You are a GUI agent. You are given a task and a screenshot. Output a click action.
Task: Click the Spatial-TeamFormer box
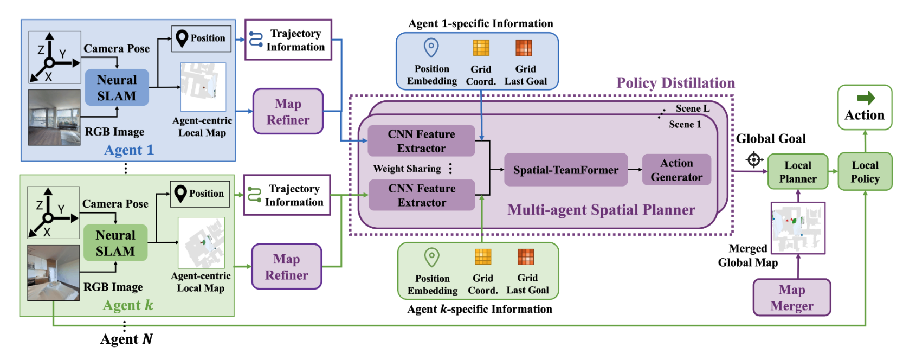tap(565, 170)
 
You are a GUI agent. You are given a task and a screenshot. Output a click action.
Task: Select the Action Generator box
tap(676, 170)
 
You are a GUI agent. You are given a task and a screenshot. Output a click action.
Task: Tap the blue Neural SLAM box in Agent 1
tap(117, 87)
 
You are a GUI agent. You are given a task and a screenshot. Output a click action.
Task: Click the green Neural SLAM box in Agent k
tap(115, 243)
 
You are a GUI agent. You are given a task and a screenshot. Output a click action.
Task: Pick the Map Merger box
tap(791, 298)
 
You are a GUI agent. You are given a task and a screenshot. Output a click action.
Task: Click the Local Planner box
tap(797, 172)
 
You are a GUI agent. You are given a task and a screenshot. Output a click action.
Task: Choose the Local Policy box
tap(865, 172)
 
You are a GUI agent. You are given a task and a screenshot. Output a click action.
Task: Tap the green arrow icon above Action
tap(866, 98)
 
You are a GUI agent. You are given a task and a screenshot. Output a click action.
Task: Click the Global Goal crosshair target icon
tap(754, 160)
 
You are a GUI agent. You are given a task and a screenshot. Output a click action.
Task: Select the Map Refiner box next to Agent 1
tap(288, 112)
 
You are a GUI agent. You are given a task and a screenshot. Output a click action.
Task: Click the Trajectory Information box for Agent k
tap(287, 195)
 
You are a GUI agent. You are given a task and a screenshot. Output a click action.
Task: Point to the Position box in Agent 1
tap(201, 38)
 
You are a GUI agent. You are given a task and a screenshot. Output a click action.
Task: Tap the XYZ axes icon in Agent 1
tap(54, 57)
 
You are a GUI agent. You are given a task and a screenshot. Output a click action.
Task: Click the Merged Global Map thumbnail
tap(797, 228)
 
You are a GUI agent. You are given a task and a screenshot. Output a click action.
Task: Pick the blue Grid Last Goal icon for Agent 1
tap(523, 48)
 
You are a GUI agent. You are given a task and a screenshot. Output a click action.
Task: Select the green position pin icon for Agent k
tap(431, 257)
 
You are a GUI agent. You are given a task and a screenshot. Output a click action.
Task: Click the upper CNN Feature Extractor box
tap(421, 141)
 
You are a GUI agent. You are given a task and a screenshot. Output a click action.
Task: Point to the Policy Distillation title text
tap(675, 83)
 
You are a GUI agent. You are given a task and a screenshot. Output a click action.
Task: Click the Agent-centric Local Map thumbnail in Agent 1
tap(203, 87)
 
